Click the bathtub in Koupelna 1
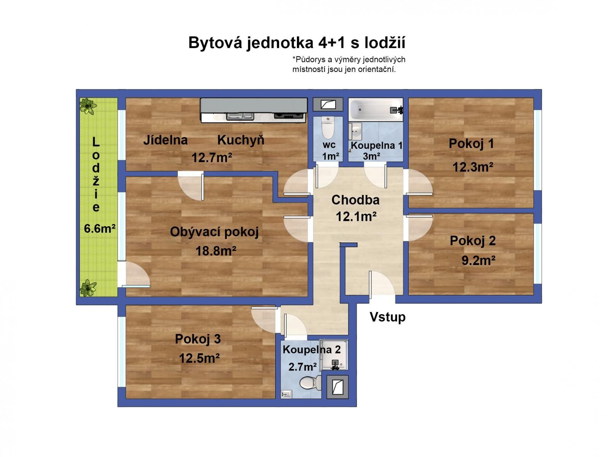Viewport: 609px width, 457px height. [375, 110]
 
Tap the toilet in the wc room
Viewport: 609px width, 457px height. [327, 128]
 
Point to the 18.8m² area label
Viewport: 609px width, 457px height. [216, 251]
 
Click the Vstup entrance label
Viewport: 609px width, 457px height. [387, 317]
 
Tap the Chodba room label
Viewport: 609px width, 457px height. [355, 200]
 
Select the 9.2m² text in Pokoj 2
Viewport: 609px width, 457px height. [478, 260]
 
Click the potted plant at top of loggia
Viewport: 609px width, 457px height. [88, 106]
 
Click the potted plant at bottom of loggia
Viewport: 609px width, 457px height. [88, 288]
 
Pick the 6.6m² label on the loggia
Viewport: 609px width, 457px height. [100, 228]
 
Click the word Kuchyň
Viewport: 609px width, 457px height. [241, 140]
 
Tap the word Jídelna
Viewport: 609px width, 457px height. [165, 140]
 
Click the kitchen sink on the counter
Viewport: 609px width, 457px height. [240, 116]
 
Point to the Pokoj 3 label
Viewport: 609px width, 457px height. [198, 339]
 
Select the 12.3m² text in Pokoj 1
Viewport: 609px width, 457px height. [473, 167]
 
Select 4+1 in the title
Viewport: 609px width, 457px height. [331, 43]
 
